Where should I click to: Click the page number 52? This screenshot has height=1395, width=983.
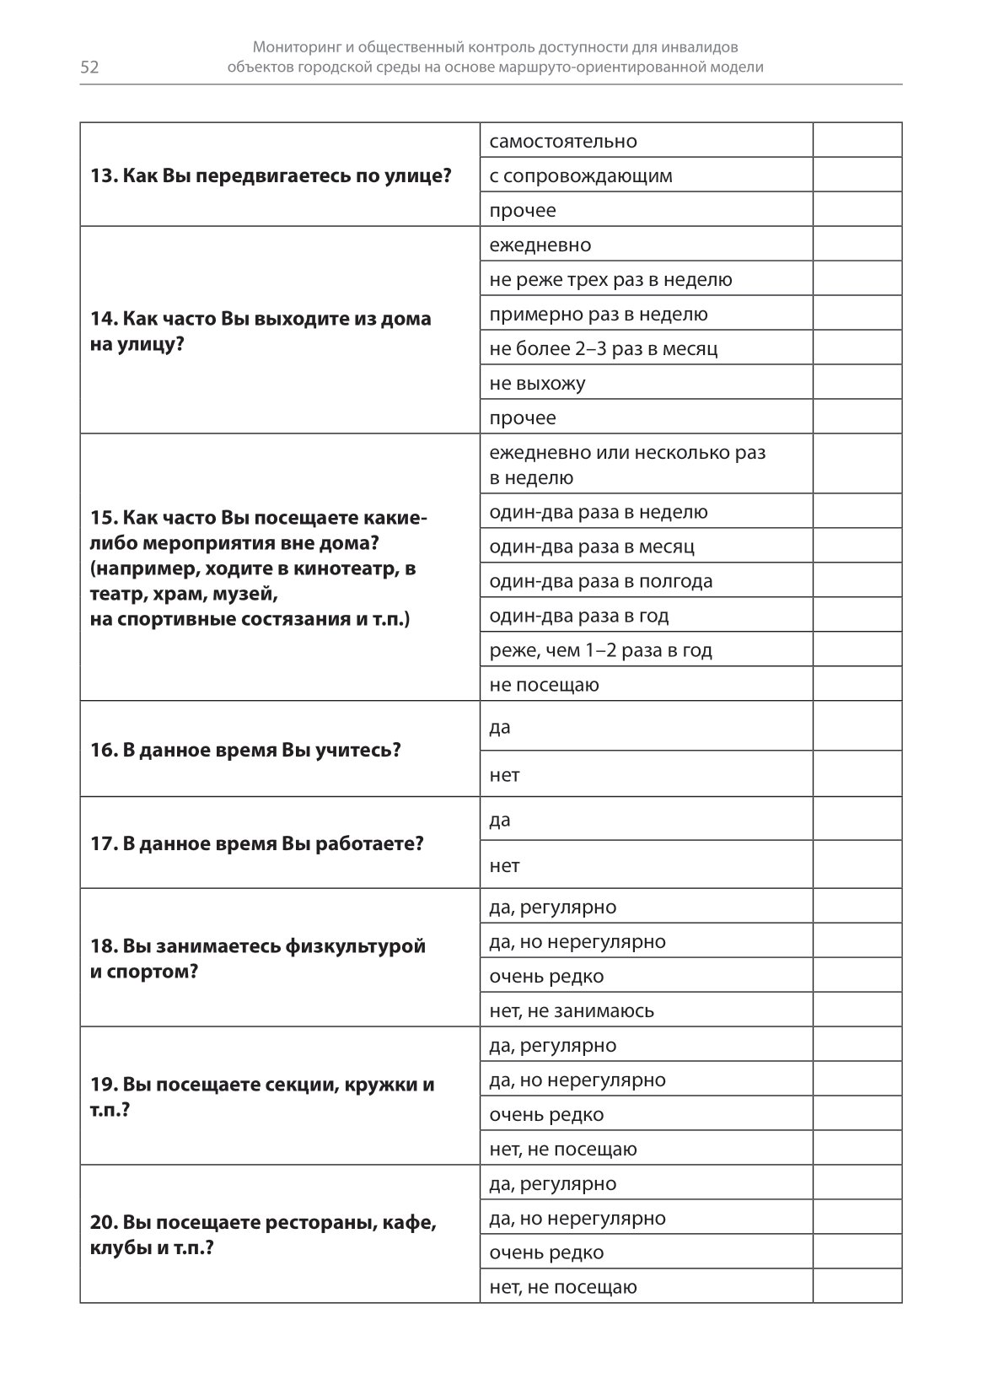89,67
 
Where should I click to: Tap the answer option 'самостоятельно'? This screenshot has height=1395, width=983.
563,141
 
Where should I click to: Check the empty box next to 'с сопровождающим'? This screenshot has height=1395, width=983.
857,175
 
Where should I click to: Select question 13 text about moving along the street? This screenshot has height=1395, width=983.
271,175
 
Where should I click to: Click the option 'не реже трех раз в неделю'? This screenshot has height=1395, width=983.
610,279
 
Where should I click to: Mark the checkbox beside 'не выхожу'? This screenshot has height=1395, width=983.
857,383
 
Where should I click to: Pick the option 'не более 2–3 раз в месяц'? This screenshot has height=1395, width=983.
604,348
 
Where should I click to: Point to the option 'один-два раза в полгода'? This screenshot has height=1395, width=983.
601,581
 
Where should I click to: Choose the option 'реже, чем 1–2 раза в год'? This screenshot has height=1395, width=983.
600,650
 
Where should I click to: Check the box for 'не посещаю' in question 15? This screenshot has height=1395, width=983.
857,684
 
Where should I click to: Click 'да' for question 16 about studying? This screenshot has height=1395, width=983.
500,727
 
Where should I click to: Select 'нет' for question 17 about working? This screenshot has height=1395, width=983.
504,865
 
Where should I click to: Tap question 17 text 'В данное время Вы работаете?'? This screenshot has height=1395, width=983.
256,843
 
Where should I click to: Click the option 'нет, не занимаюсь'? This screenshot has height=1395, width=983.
572,1010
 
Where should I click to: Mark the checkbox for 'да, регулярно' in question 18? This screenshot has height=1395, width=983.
857,907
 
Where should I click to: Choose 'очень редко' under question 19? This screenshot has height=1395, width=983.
546,1114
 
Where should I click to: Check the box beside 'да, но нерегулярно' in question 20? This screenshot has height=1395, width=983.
857,1218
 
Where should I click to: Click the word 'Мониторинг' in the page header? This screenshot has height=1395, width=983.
302,47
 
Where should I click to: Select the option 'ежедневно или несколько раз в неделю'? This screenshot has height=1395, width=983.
627,465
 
